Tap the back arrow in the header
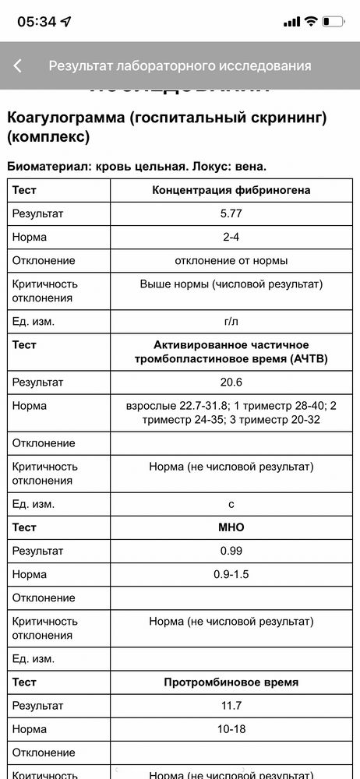click(x=17, y=66)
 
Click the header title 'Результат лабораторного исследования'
click(x=180, y=66)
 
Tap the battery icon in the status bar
click(x=333, y=22)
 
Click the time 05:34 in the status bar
click(x=37, y=22)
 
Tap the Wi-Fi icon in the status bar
click(x=311, y=22)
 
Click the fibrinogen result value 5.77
click(x=231, y=213)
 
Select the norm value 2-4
click(x=231, y=236)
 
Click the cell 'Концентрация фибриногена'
click(x=231, y=190)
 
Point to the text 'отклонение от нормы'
click(x=231, y=260)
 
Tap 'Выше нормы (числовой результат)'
click(x=231, y=284)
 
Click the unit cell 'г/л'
click(x=231, y=321)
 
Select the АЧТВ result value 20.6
click(x=231, y=382)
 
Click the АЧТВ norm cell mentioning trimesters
click(x=231, y=413)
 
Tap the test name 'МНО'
click(x=231, y=527)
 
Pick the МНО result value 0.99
click(x=231, y=551)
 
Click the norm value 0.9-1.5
click(x=231, y=574)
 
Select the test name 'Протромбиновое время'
click(x=231, y=682)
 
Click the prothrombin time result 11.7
click(x=231, y=706)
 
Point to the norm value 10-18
click(x=231, y=729)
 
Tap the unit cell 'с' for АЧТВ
click(x=231, y=504)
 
